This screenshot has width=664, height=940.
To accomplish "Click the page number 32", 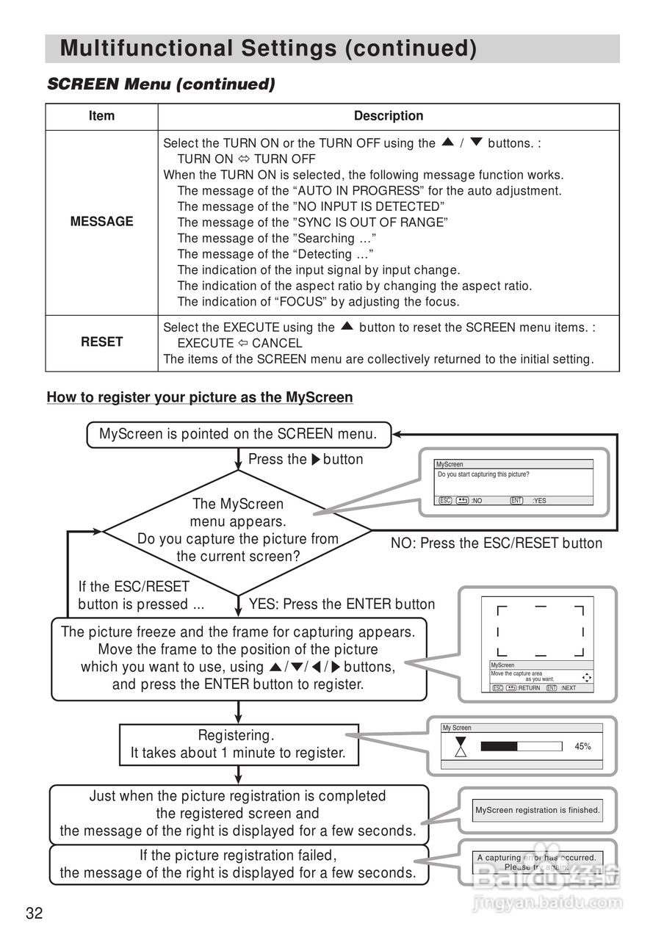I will click(x=35, y=913).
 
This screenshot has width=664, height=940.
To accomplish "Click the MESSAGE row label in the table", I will click(x=101, y=222).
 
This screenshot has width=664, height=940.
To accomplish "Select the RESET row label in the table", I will click(x=101, y=342).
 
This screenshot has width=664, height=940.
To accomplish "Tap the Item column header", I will click(x=101, y=116).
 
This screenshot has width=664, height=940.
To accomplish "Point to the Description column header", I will click(x=389, y=116).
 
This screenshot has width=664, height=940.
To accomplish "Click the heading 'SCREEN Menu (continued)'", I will click(x=161, y=84).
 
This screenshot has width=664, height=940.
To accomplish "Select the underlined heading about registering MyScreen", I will click(x=200, y=397).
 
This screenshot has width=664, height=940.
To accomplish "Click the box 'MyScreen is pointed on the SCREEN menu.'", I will click(x=238, y=434).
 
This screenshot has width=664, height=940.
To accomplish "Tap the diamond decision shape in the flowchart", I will click(x=238, y=530).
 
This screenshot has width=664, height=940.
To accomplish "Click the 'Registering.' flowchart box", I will click(x=238, y=743).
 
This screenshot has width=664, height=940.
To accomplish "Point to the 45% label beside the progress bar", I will click(x=582, y=746).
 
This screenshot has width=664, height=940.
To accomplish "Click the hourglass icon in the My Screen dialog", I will click(x=461, y=747).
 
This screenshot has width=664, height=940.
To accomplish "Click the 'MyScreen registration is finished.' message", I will click(x=538, y=811).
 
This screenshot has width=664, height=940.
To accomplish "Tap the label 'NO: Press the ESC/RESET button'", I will click(x=497, y=543).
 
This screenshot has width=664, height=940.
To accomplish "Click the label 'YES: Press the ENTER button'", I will click(x=342, y=604).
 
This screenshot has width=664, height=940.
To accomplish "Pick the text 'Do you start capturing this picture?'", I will click(x=483, y=474).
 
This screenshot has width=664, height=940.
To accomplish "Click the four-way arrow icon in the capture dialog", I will click(x=586, y=677).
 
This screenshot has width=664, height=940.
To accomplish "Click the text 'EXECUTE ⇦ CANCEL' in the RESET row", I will click(x=240, y=343).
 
